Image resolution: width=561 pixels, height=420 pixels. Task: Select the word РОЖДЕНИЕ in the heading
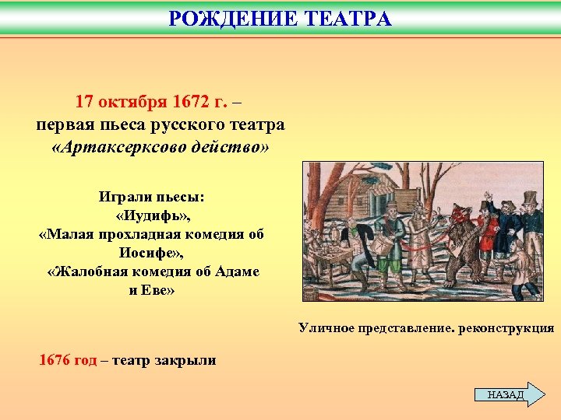[232, 19]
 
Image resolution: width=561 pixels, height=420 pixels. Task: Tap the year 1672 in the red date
[184, 102]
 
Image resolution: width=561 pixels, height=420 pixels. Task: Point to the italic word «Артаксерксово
[125, 147]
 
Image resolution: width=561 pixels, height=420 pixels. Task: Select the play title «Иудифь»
[151, 215]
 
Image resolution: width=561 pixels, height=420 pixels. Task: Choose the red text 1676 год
[69, 360]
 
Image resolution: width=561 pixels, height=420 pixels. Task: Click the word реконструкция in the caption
[506, 328]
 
